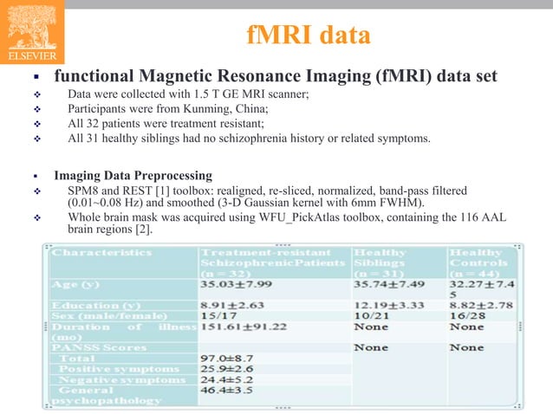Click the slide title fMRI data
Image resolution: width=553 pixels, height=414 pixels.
click(309, 36)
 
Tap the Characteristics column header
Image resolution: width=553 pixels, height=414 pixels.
click(101, 253)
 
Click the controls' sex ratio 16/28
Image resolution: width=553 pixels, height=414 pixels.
click(467, 316)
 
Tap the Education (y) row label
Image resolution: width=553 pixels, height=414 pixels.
click(94, 305)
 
